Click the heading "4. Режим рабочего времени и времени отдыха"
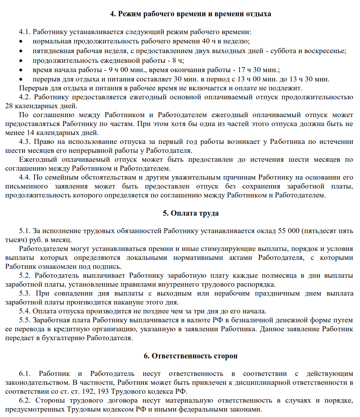pos(190,14)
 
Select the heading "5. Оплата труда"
pos(190,213)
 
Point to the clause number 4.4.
pos(25,178)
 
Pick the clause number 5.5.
pos(25,320)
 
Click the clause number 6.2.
pos(25,400)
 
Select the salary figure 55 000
pos(289,231)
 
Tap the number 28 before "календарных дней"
pos(9,106)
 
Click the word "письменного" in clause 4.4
pos(24,187)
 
